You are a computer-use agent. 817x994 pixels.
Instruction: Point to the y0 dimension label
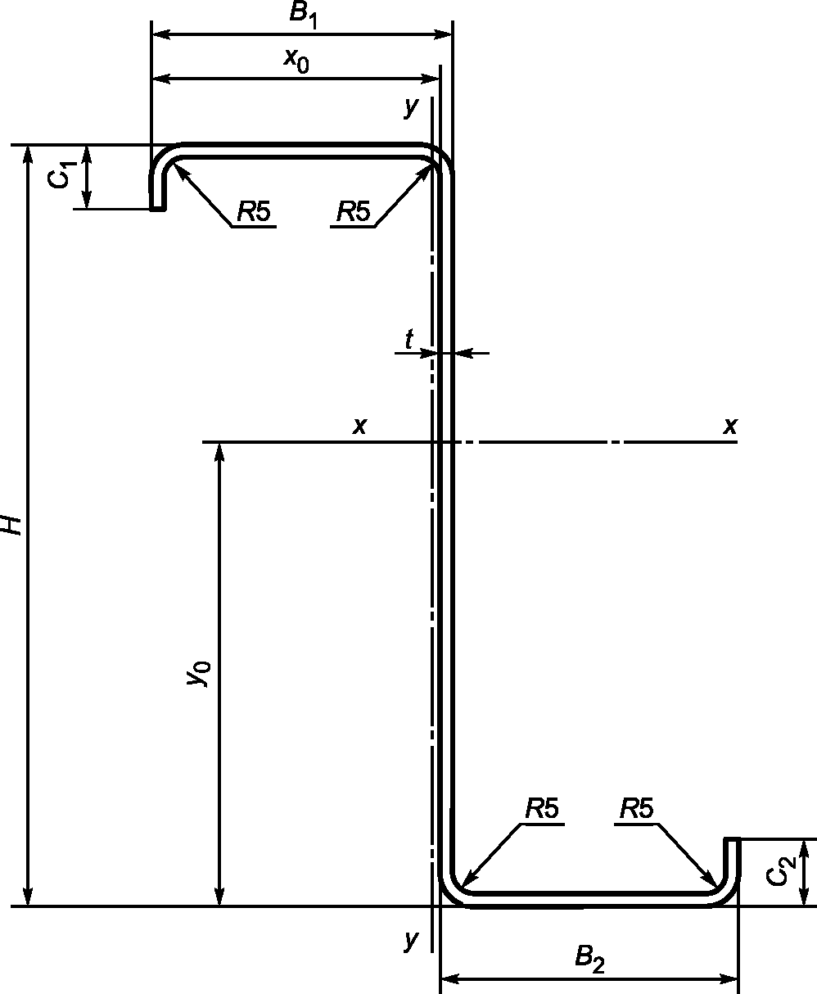(200, 673)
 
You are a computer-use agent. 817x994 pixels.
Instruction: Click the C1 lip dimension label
(64, 175)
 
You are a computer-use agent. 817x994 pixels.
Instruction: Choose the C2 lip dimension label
(781, 873)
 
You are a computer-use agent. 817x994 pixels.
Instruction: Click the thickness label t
(408, 338)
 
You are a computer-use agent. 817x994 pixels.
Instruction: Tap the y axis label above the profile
(411, 107)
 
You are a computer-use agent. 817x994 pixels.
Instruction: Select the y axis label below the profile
(411, 941)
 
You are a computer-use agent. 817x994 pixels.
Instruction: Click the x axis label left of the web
(359, 426)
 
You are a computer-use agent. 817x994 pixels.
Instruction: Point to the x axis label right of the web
(729, 426)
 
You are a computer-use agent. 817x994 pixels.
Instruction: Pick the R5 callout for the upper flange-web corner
(353, 213)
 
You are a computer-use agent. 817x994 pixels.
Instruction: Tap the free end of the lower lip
(733, 840)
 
